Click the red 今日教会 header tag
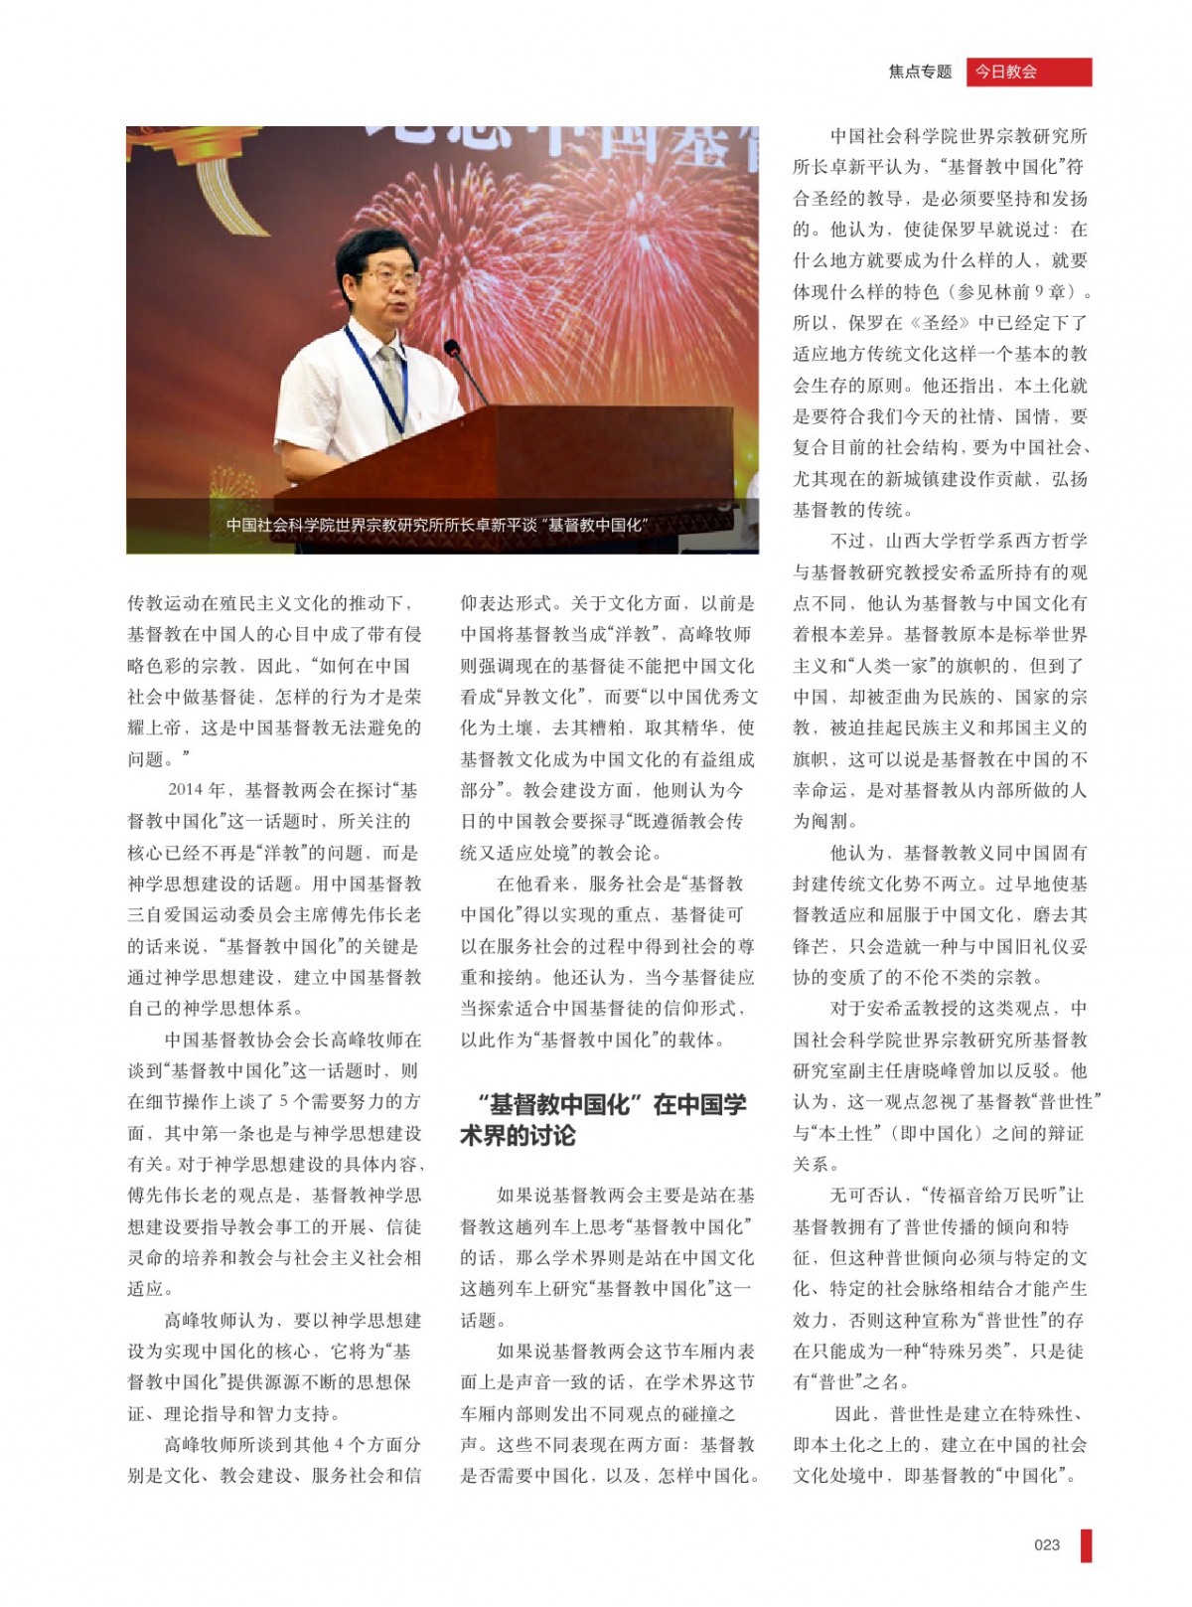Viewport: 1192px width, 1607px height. pos(1028,72)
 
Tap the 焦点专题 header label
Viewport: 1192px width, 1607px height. pos(920,72)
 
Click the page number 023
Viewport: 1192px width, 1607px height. pos(1047,1544)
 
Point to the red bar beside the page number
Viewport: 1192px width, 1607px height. pos(1086,1545)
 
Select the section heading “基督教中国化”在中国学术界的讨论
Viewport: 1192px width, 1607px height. pos(603,1120)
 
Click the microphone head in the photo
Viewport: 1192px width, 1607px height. pos(452,348)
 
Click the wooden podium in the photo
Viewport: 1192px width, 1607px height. pos(517,457)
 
